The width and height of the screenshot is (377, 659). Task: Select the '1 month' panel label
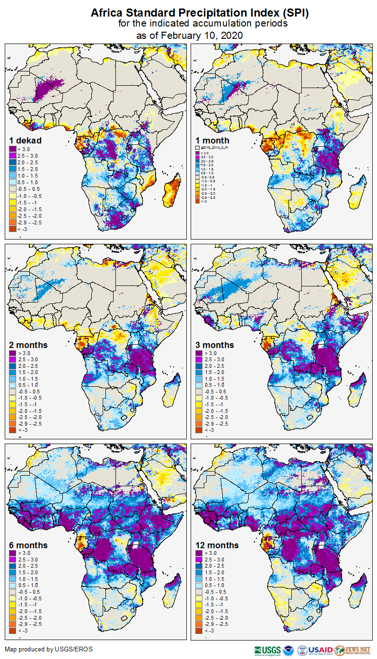pyautogui.click(x=212, y=141)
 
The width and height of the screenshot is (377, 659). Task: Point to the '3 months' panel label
pyautogui.click(x=215, y=345)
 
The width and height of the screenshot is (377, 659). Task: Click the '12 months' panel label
pyautogui.click(x=217, y=545)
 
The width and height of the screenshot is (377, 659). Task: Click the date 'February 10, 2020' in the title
pyautogui.click(x=202, y=36)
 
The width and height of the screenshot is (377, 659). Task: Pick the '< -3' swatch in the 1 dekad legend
pyautogui.click(x=13, y=229)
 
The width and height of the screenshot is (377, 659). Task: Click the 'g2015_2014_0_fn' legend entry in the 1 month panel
pyautogui.click(x=213, y=148)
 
